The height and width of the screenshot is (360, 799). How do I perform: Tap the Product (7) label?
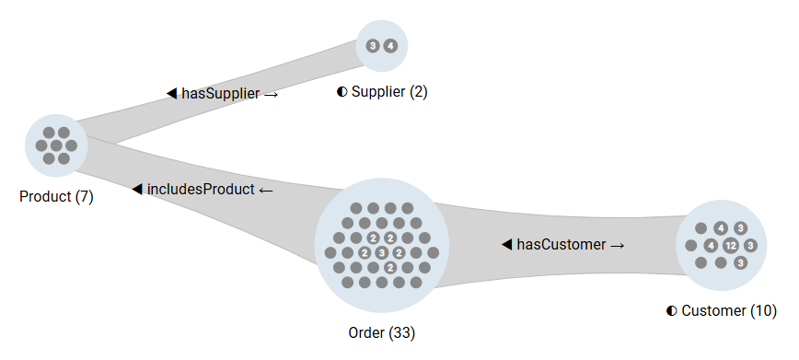56,196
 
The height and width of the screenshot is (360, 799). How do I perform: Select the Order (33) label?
382,331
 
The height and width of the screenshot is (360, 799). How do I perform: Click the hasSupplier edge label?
222,93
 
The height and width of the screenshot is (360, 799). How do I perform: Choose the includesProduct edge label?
203,190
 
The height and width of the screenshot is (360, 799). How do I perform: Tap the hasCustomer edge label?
563,245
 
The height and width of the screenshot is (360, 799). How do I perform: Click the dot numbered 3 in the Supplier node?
372,45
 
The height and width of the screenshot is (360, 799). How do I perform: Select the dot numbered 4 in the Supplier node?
390,45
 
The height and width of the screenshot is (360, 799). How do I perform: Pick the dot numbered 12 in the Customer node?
730,246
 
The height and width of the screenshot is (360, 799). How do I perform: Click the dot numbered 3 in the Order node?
381,252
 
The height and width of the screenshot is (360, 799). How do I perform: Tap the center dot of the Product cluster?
56,145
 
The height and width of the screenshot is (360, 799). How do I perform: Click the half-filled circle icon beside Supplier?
342,92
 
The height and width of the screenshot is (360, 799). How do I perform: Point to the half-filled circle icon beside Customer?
672,311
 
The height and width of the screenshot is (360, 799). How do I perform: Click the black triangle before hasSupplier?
171,93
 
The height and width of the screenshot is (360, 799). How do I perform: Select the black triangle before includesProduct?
137,190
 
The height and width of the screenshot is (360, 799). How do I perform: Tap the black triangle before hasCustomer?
506,245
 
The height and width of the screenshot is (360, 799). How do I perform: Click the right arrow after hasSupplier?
271,94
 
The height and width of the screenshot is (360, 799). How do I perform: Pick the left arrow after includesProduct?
266,191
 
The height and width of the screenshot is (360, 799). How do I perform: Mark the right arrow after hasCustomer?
618,246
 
